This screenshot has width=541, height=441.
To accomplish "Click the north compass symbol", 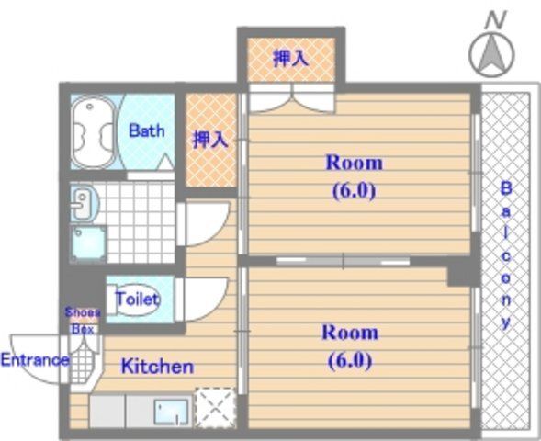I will point(491,53).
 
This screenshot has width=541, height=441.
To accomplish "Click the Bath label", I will point(146,130).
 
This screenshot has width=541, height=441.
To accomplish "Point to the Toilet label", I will point(136,300).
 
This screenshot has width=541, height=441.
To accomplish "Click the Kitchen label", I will point(157,367).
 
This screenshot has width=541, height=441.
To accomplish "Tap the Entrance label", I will point(34,359).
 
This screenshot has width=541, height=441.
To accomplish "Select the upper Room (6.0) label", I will point(354,176).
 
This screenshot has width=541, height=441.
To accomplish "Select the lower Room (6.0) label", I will point(349,345).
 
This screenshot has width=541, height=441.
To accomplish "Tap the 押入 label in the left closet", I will point(209,140).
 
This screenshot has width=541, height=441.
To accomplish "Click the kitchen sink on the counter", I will point(172,410).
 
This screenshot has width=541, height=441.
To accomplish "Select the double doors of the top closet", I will point(290,96).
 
